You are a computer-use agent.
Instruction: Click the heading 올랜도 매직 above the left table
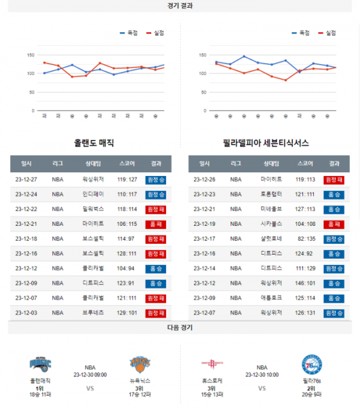[94, 143]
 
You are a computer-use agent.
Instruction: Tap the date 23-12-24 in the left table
[26, 194]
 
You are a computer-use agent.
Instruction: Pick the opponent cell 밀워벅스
[93, 209]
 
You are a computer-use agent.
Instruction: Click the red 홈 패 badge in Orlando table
[155, 224]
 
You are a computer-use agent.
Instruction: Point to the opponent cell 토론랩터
[271, 194]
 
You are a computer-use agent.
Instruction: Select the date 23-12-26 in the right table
[205, 179]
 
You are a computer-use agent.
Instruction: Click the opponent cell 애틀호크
[271, 298]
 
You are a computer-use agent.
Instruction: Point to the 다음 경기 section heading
[180, 328]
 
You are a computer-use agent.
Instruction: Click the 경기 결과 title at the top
[180, 5]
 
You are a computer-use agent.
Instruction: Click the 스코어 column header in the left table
[127, 163]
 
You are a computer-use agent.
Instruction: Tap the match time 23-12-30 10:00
[262, 374]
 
